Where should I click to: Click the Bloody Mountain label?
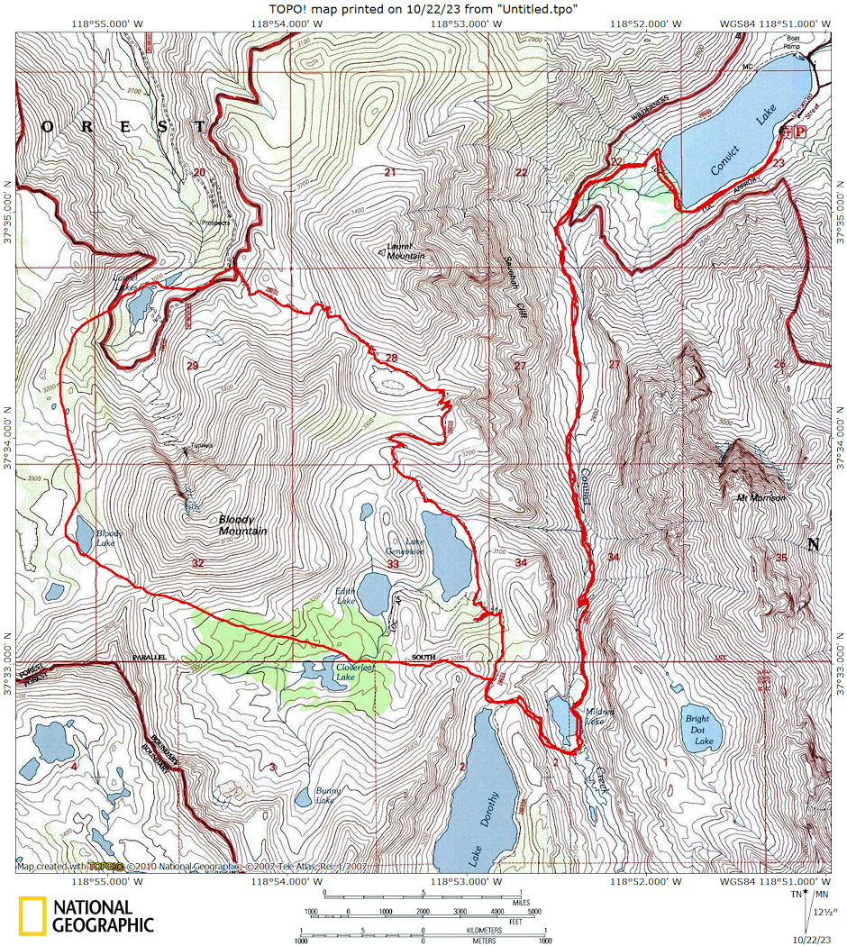242,525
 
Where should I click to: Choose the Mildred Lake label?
598,716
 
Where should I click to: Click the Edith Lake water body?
374,590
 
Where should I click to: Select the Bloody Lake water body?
83,533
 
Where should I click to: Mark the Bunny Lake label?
325,796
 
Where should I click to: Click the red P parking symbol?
799,132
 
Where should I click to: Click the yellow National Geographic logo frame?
33,915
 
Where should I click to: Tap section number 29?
191,365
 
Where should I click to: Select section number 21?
390,172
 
